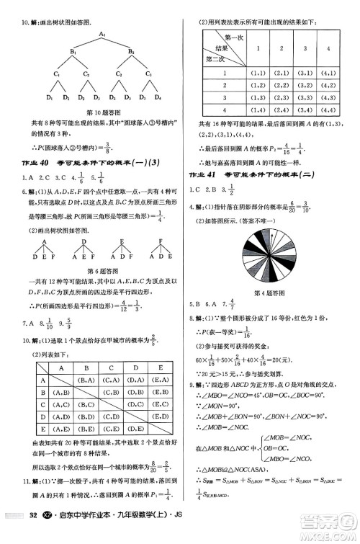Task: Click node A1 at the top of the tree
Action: pos(102,33)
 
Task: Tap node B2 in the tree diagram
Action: pos(131,53)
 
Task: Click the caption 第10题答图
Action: pos(103,112)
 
